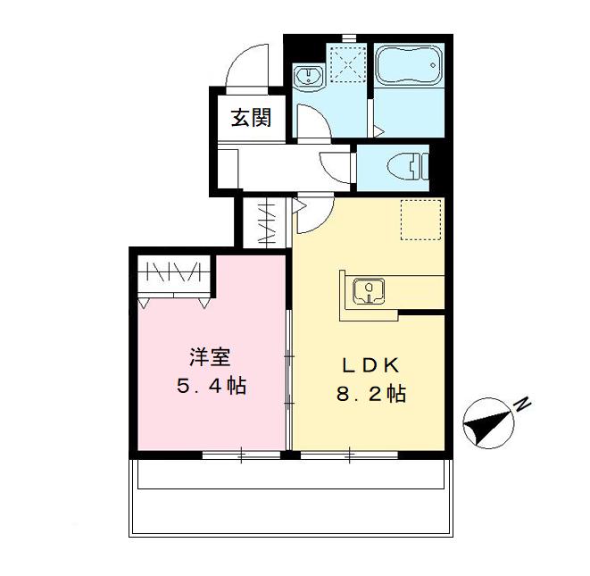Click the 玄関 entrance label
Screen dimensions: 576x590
point(251,119)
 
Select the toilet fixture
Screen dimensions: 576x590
point(406,166)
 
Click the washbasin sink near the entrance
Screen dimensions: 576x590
point(309,77)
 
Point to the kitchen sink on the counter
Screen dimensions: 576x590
point(368,289)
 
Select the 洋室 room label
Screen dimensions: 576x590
point(210,358)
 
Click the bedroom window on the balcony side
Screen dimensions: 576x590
point(240,455)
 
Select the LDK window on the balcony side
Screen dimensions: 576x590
point(349,455)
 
